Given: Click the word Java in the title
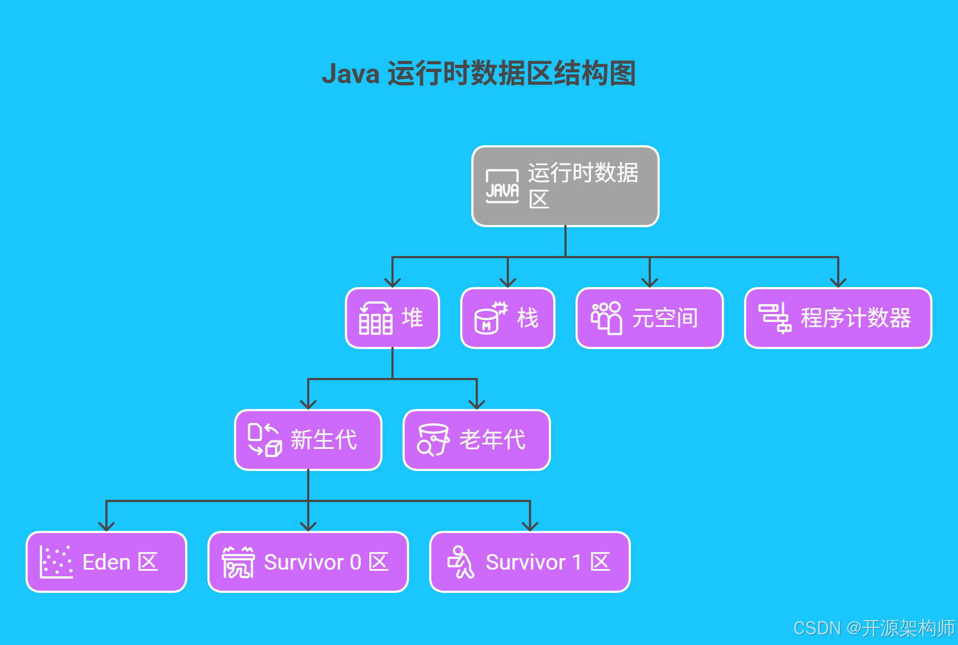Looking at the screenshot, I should pos(350,74).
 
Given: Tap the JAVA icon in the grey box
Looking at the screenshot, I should pos(502,187).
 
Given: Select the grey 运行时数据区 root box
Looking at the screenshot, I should pos(565,186).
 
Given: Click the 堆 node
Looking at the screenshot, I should pos(393,318).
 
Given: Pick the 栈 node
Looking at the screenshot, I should pos(507,318).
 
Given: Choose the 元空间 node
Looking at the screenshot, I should pos(649,318).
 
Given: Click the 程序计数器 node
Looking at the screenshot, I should pos(838,318).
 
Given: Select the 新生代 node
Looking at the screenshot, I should pos(308,440).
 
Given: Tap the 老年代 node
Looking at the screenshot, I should pos(476,440).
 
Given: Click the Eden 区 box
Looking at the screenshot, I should pos(106,562).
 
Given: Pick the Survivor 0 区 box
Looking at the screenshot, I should pos(308,562).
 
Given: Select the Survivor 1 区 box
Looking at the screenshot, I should pos(529,562).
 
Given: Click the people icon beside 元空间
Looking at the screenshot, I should pos(606,318).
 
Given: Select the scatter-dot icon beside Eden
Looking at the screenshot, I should pos(56,562).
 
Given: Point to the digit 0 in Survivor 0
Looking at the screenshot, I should pos(355,562).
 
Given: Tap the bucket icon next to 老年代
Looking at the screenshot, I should pos(433,440).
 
